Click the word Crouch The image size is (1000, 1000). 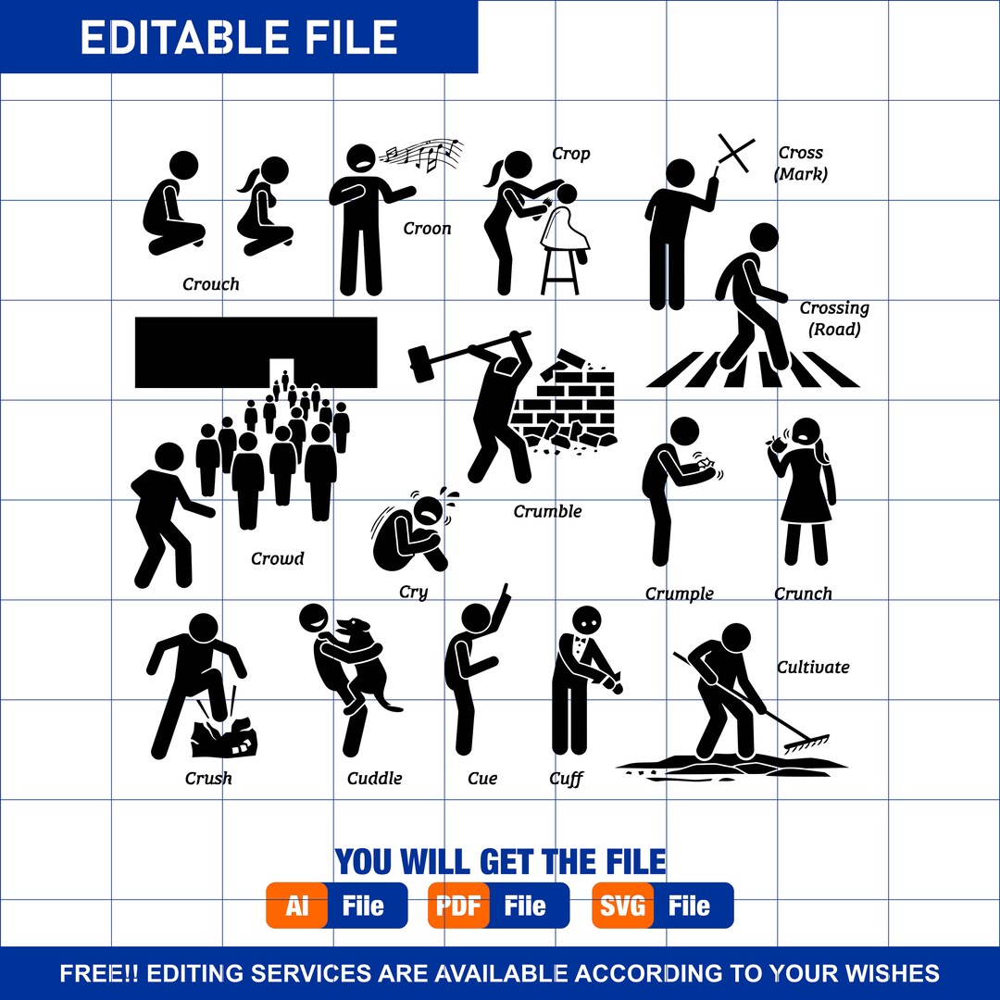pos(211,284)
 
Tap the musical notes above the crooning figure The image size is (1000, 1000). pos(425,154)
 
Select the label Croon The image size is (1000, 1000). pos(427,229)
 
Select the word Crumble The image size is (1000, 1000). pos(547,511)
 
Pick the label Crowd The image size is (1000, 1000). pos(277,558)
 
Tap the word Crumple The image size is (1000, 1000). pos(679,594)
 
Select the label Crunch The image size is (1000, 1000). pos(803,594)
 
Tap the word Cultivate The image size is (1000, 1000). pos(813,667)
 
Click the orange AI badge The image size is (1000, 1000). pos(296,906)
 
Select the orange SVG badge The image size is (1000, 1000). pos(622,906)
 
